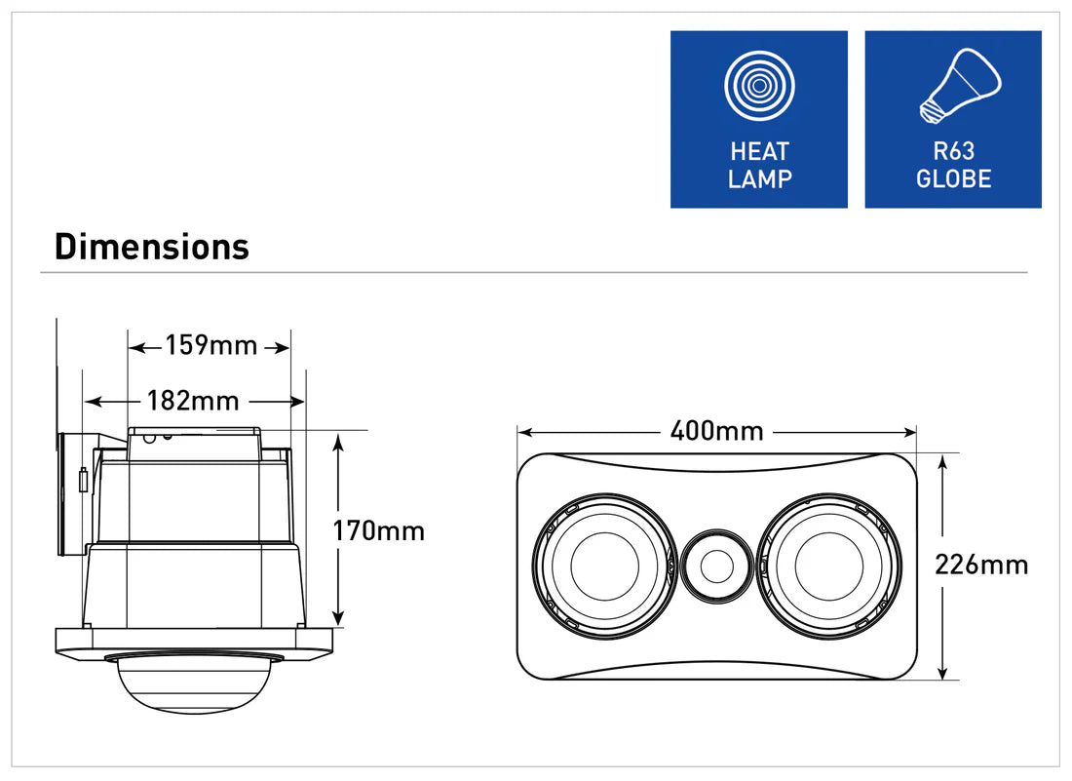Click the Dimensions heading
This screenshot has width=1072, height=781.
152,247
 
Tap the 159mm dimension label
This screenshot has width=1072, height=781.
211,345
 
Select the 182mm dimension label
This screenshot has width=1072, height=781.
194,400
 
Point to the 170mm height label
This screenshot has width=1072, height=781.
379,530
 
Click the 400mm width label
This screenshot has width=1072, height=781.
716,432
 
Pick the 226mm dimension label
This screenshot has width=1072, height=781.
981,565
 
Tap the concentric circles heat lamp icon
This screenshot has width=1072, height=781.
759,86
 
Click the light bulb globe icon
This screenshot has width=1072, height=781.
961,86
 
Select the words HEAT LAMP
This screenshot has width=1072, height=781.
759,165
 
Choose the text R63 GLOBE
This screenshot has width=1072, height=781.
954,165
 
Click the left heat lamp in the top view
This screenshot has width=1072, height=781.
605,566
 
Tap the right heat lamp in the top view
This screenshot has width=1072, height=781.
829,566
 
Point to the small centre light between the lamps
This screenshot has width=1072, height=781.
717,566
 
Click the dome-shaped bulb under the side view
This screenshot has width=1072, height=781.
194,683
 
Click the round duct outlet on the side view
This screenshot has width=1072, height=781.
70,495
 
